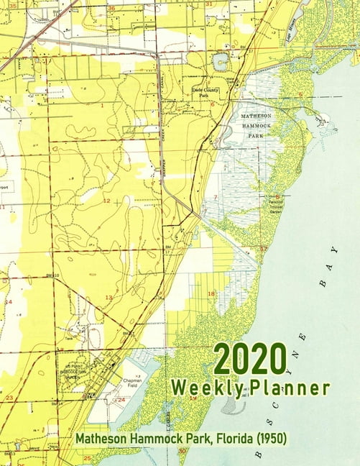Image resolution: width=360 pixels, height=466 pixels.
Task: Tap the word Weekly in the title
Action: [x=205, y=389]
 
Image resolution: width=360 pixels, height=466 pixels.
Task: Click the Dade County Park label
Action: [x=206, y=91]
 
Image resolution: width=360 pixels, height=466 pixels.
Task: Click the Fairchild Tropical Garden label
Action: [x=280, y=206]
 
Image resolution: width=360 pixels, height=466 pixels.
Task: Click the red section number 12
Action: [x=106, y=201]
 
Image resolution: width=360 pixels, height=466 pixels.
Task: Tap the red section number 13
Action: [x=109, y=297]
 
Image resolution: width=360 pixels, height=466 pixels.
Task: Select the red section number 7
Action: [x=215, y=197]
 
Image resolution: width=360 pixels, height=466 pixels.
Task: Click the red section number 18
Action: [x=211, y=293]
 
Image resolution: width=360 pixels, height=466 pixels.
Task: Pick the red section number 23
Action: [x=9, y=397]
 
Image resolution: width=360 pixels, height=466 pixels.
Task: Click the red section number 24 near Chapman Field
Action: [x=121, y=400]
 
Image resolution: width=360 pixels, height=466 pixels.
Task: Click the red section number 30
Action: [x=183, y=451]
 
